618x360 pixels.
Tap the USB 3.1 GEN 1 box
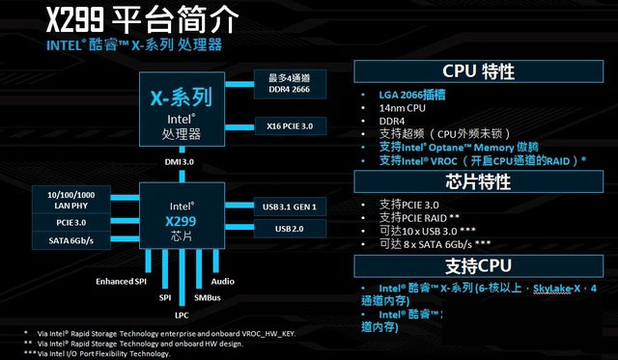pyautogui.click(x=289, y=207)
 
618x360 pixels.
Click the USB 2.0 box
pyautogui.click(x=289, y=228)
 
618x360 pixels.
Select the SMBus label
pyautogui.click(x=208, y=298)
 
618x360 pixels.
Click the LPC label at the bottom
pyautogui.click(x=182, y=315)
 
